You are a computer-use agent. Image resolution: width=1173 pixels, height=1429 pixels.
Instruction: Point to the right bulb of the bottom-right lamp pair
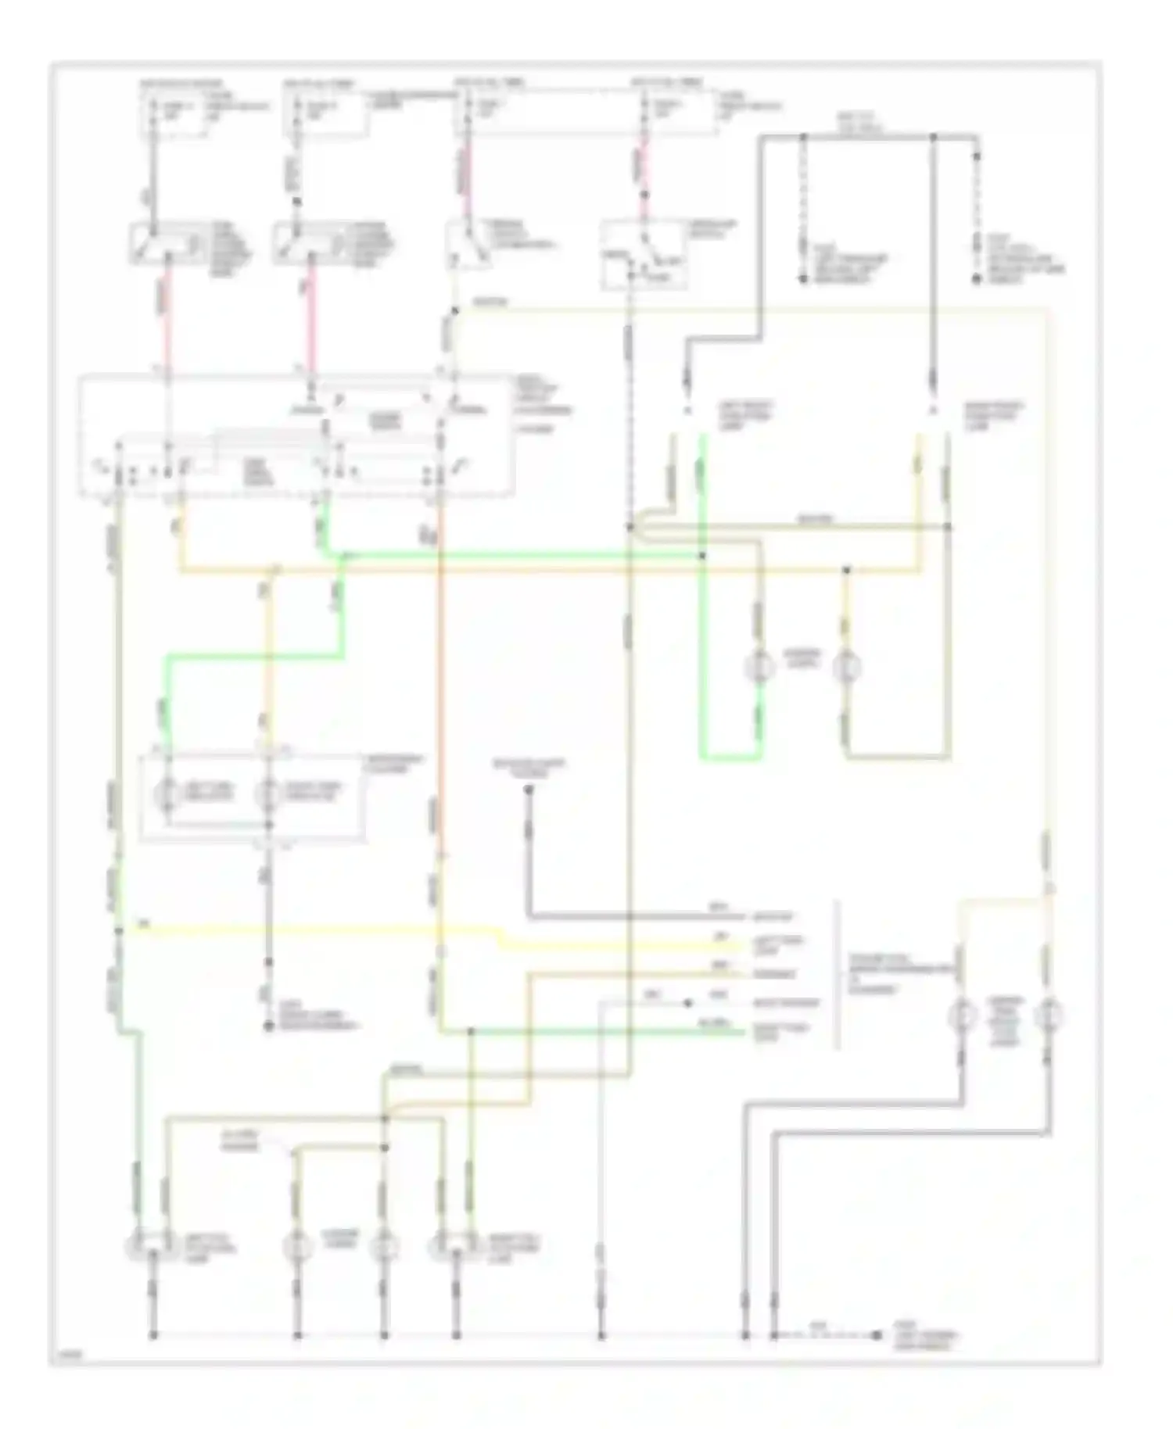(1048, 1016)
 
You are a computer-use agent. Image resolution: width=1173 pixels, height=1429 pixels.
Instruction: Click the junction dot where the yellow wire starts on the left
(120, 930)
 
